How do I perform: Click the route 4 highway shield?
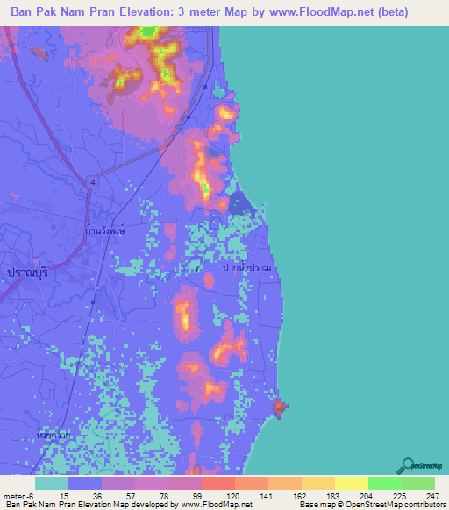click(x=91, y=181)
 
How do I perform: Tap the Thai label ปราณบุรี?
click(x=25, y=273)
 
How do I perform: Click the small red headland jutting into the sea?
click(x=280, y=407)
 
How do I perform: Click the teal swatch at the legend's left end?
click(x=51, y=483)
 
